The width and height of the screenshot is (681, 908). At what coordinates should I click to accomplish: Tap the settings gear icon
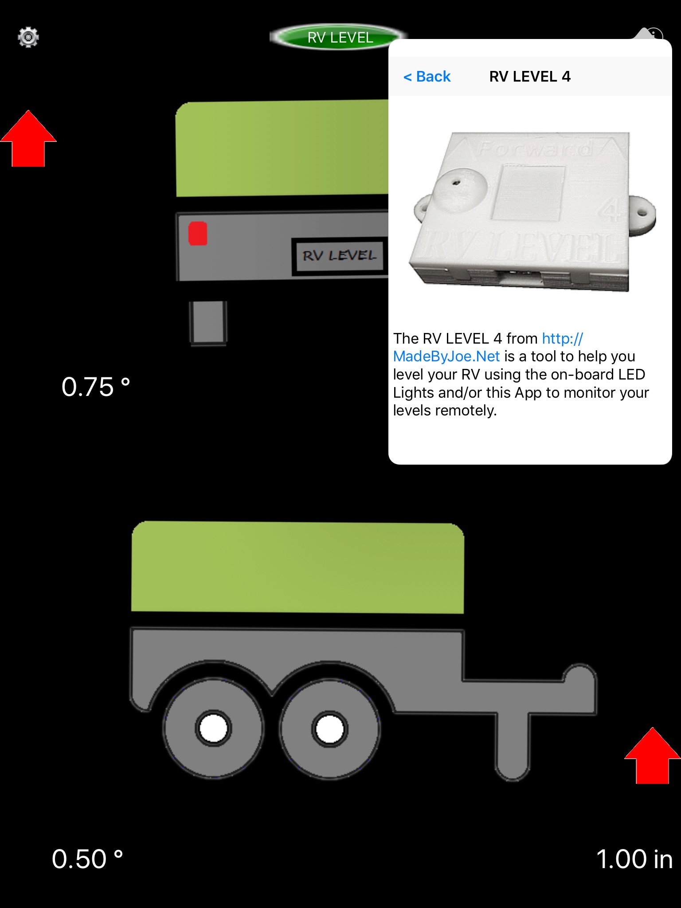click(x=28, y=37)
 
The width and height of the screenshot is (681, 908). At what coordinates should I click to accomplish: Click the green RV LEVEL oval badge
click(x=339, y=37)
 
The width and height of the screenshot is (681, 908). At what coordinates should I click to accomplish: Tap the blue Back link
click(x=427, y=77)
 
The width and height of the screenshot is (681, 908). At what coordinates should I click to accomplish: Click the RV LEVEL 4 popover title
click(x=530, y=77)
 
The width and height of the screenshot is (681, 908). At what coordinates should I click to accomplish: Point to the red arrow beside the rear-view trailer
click(x=28, y=139)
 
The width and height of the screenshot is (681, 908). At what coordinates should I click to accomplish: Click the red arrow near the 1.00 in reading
click(x=652, y=756)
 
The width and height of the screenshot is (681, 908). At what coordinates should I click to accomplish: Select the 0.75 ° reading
click(x=96, y=387)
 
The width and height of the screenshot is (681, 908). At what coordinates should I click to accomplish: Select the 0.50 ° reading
click(x=87, y=859)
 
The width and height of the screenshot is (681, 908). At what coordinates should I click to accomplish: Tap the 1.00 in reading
click(x=634, y=859)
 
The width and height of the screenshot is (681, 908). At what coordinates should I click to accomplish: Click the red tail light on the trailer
click(x=198, y=233)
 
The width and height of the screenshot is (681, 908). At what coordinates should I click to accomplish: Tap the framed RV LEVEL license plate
click(x=339, y=256)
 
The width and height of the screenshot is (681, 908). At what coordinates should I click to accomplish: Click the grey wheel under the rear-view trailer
click(x=208, y=323)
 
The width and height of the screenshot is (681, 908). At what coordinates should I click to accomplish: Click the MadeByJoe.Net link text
click(x=446, y=356)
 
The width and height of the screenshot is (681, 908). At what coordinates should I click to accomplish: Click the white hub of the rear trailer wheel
click(x=213, y=728)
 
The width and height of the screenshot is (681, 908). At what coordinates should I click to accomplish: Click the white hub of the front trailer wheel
click(x=329, y=729)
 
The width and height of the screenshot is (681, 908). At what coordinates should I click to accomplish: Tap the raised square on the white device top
click(x=528, y=192)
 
